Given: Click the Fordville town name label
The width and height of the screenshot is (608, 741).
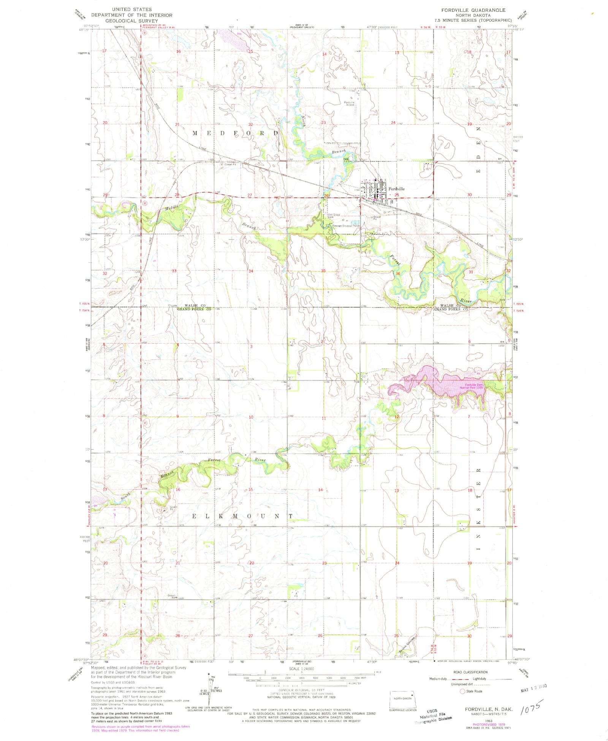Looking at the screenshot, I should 396,189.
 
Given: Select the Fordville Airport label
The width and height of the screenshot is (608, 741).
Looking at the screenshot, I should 349,103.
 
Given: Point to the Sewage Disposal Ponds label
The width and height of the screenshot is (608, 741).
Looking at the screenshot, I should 346,226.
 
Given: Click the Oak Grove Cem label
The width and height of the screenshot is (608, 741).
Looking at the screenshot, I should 334,216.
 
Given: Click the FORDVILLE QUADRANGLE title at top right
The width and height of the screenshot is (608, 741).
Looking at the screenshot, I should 473,10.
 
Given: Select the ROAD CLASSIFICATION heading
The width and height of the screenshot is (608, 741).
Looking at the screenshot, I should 470,672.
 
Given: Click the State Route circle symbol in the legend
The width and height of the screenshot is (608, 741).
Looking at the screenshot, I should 462,691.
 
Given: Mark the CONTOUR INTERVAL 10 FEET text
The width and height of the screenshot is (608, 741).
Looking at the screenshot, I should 301,690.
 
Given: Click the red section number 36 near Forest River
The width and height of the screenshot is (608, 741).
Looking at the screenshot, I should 397,273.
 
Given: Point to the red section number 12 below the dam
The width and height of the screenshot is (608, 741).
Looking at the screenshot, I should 396,417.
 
